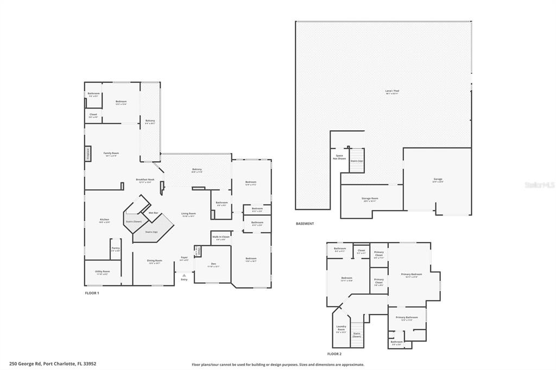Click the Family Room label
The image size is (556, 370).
pyautogui.click(x=111, y=154)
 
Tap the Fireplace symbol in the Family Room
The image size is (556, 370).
pyautogui.click(x=87, y=154)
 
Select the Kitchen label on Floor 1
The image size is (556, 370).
pyautogui.click(x=104, y=220)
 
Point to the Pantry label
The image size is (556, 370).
pyautogui.click(x=115, y=249)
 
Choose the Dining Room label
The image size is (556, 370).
pyautogui.click(x=155, y=261)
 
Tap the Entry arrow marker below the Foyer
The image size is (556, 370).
pyautogui.click(x=184, y=276)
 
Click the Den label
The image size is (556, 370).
pyautogui.click(x=213, y=265)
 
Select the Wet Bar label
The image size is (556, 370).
pyautogui.click(x=154, y=213)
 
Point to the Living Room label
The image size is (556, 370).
pyautogui.click(x=188, y=214)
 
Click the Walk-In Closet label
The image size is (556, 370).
pyautogui.click(x=221, y=238)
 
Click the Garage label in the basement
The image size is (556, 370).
pyautogui.click(x=438, y=180)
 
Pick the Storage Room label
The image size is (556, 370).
pyautogui.click(x=370, y=199)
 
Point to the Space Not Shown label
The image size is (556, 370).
pyautogui.click(x=339, y=157)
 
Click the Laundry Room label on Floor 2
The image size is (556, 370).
pyautogui.click(x=341, y=329)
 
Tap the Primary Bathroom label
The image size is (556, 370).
pyautogui.click(x=407, y=318)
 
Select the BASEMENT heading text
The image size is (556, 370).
pyautogui.click(x=305, y=224)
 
